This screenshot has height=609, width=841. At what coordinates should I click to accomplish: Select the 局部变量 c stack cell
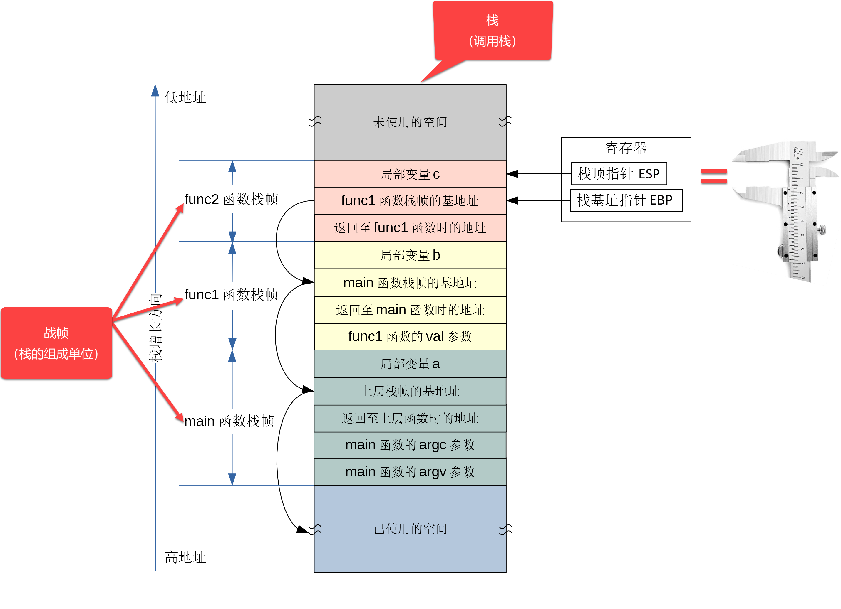coord(410,174)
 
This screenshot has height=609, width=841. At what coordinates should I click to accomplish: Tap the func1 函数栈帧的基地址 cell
coord(410,201)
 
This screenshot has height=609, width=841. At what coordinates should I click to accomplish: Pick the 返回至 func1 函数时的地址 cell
coord(410,228)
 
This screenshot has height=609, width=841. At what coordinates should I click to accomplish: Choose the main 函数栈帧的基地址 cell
coord(410,283)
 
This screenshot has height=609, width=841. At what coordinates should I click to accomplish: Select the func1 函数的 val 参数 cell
coord(410,337)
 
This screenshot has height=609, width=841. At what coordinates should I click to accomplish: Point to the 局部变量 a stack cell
coord(410,364)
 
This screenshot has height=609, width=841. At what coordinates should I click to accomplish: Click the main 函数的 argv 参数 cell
coord(410,472)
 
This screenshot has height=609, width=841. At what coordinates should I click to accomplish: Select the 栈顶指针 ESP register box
coord(619,174)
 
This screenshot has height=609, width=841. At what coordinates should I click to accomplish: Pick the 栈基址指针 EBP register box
coord(626,200)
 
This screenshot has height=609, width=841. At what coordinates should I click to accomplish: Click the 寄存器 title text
coord(626,148)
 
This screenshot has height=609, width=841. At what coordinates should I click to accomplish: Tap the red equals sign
coord(714,176)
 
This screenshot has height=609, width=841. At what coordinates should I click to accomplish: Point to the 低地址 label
coord(185,97)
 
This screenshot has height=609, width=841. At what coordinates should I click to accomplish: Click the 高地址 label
coord(185,557)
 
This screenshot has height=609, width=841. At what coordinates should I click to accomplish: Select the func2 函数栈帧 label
coord(231,199)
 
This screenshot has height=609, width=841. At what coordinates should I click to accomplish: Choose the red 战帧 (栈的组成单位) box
coord(56,343)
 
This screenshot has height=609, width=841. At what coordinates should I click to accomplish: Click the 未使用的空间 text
coord(410,122)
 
